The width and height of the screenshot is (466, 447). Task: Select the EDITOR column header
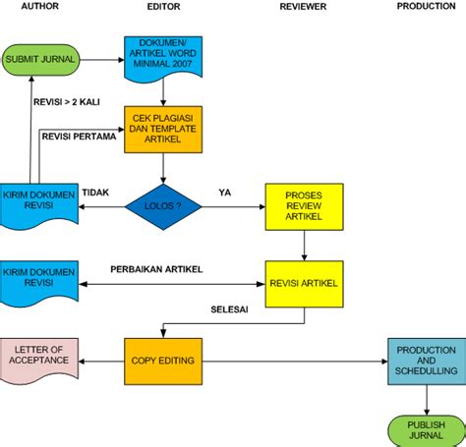pos(162,6)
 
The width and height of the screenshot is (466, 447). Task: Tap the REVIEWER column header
pos(303,6)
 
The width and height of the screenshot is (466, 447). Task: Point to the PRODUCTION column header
pos(426,6)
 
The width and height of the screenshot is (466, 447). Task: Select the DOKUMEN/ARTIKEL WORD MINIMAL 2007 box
pos(162,58)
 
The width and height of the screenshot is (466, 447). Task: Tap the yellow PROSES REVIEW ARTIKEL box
pos(304,207)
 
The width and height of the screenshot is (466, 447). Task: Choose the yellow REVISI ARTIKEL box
pos(304,284)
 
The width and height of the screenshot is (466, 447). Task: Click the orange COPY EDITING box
pos(162,361)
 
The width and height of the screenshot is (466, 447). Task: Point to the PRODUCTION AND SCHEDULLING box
pos(426,361)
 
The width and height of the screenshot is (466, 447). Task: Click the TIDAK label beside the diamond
pos(94,192)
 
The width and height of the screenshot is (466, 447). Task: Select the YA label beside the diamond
pos(224,192)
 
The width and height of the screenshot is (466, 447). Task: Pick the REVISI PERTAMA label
pos(79,137)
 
